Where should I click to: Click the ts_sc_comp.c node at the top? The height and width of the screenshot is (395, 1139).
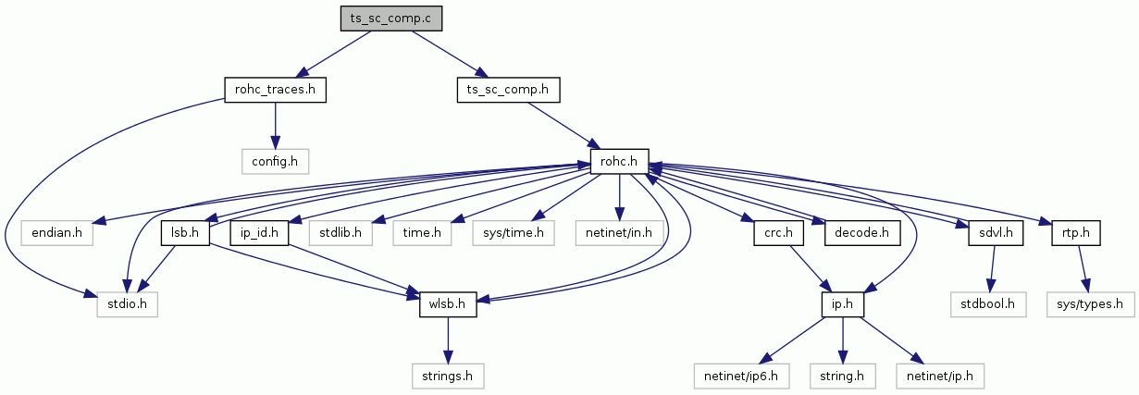click(391, 19)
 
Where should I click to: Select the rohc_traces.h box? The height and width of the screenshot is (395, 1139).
click(275, 90)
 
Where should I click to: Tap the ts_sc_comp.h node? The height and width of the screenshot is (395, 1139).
click(508, 90)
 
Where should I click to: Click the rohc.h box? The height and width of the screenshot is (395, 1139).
click(619, 161)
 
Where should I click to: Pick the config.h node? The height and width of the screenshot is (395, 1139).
click(275, 161)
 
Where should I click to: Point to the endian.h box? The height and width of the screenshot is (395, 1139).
click(57, 233)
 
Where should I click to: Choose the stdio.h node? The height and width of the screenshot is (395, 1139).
click(127, 304)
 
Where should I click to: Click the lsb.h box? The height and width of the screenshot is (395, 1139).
click(185, 233)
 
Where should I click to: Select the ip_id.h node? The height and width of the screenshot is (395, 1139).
click(259, 233)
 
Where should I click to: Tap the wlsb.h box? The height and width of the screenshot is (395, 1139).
click(448, 304)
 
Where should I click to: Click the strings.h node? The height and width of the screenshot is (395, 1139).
click(448, 376)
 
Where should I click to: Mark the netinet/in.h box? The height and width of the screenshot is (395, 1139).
click(619, 233)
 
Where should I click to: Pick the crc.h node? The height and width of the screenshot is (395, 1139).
click(778, 233)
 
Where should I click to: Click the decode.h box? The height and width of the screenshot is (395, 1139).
click(862, 233)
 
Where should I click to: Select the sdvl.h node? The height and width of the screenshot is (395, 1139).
click(996, 233)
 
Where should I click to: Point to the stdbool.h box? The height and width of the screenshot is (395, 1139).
click(988, 304)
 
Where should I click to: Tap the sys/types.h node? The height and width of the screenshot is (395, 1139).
click(1090, 304)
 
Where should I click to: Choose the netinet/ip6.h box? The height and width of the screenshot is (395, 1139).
click(741, 376)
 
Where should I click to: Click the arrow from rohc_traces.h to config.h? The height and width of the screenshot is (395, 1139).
click(275, 126)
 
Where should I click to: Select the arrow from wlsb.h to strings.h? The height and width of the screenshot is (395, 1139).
click(448, 340)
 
